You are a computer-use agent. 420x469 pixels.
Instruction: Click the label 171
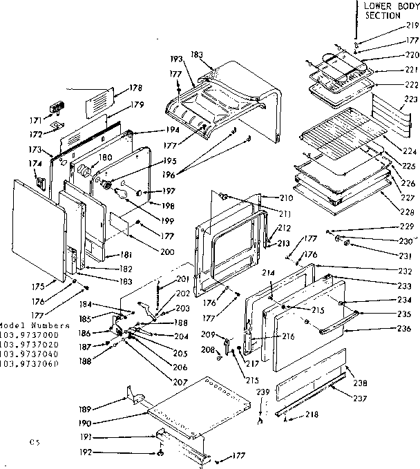tap(36, 119)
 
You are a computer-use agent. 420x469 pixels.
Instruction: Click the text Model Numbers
tap(35, 325)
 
